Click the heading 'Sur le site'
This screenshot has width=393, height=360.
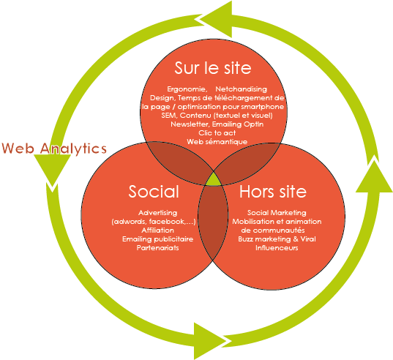(x=213, y=68)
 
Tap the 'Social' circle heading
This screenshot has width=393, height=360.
(x=154, y=192)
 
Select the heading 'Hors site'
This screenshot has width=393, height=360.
(x=273, y=192)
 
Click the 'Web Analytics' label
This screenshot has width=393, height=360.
(x=54, y=149)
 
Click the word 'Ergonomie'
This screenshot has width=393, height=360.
(x=187, y=89)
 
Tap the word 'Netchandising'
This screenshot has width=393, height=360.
(x=241, y=89)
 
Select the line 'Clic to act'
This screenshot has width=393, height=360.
(x=217, y=132)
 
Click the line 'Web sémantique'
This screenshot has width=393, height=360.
(x=217, y=142)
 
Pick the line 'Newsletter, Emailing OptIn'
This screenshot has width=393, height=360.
(x=217, y=124)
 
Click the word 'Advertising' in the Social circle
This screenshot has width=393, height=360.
(x=158, y=213)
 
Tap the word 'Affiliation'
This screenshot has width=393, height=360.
(x=157, y=230)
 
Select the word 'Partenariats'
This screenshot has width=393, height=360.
(x=157, y=248)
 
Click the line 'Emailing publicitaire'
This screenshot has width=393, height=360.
(x=157, y=239)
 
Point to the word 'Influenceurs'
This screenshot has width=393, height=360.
(x=277, y=248)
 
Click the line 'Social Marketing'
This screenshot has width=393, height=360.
(x=277, y=213)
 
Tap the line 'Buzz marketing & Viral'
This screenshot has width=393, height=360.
(x=277, y=239)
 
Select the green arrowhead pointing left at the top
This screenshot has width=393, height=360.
(x=216, y=20)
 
